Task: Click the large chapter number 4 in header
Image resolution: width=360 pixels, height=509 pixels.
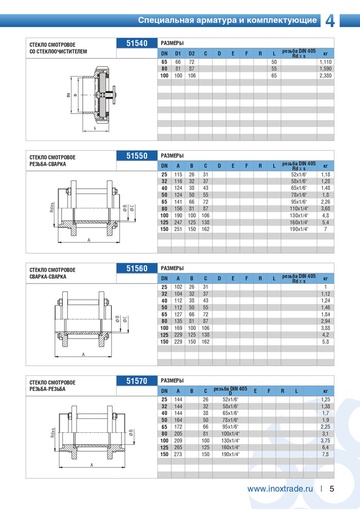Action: (331, 20)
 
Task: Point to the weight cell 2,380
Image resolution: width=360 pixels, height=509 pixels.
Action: (325, 76)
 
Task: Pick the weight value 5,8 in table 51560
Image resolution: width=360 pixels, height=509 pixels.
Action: (325, 341)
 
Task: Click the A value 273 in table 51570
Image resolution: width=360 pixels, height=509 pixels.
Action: (178, 454)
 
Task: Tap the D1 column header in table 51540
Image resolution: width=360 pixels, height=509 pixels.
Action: (178, 54)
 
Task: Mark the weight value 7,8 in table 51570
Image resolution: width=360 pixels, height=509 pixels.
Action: (325, 454)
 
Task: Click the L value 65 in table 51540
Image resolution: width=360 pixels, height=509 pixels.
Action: (274, 76)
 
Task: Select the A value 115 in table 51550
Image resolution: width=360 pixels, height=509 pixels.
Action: (178, 174)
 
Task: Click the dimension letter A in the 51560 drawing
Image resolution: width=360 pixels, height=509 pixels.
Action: (83, 354)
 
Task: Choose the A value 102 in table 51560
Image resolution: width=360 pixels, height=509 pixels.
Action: (178, 287)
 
